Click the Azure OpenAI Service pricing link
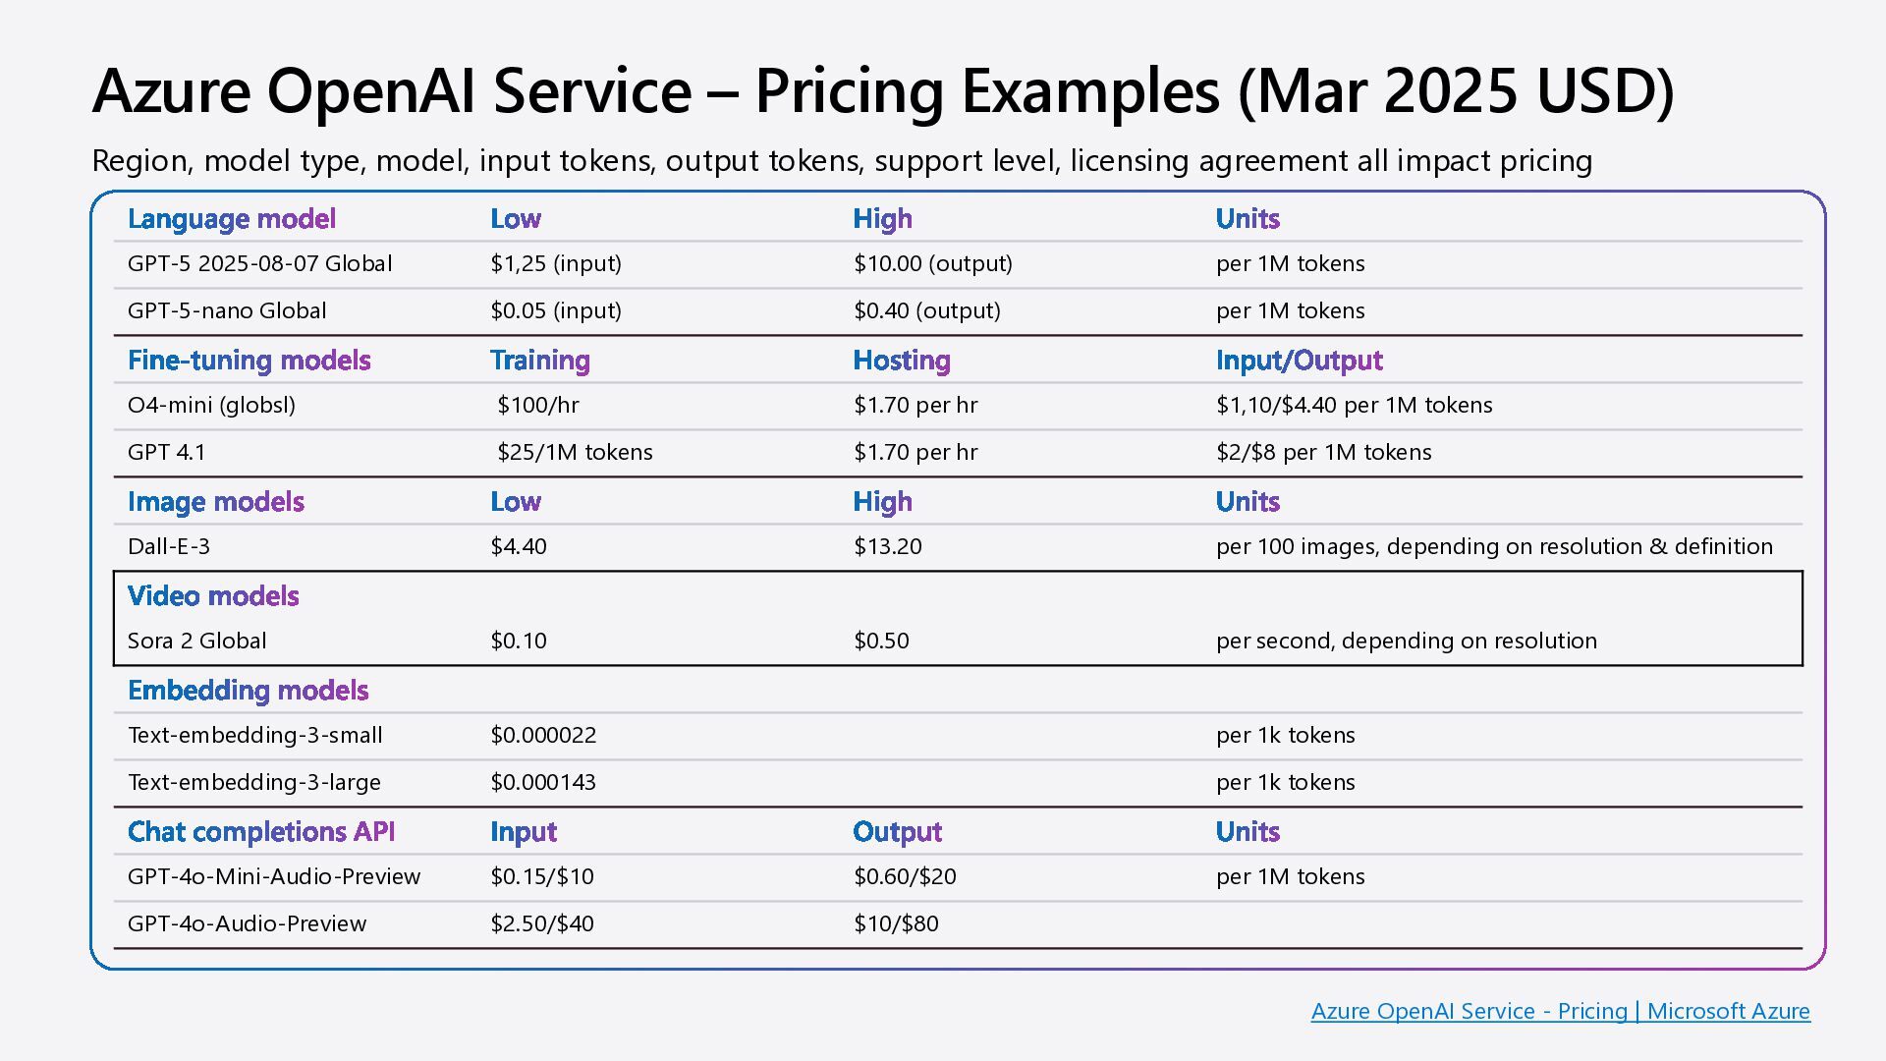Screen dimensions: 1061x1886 click(1560, 1011)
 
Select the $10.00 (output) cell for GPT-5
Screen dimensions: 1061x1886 click(932, 263)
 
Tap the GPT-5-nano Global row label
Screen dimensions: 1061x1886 click(227, 310)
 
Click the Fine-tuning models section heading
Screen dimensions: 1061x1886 click(249, 361)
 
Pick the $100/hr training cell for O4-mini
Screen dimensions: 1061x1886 click(537, 405)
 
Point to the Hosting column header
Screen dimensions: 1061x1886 click(901, 361)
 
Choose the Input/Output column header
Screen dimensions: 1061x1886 click(1299, 361)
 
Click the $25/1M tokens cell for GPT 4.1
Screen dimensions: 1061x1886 click(575, 452)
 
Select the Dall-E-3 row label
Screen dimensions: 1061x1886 click(169, 546)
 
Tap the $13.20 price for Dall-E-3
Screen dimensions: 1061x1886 click(887, 546)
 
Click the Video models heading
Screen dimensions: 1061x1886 click(213, 596)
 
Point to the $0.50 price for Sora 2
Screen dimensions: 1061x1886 click(881, 641)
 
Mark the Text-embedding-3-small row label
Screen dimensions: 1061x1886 click(255, 735)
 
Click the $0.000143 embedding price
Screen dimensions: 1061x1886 click(543, 782)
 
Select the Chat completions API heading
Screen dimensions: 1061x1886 click(261, 832)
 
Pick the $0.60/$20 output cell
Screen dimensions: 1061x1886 click(904, 876)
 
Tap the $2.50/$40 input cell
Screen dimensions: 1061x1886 click(542, 923)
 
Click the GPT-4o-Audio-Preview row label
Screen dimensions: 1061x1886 click(247, 923)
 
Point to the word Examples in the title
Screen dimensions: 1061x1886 click(1090, 91)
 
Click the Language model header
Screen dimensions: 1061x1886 click(232, 219)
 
